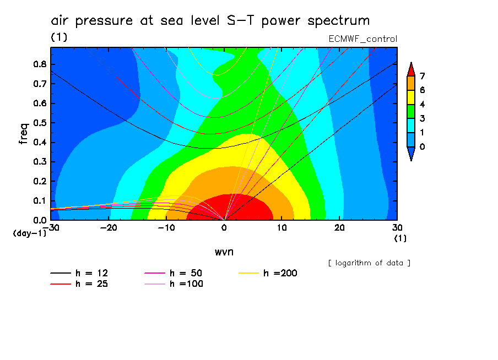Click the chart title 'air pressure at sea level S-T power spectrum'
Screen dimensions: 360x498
(210, 21)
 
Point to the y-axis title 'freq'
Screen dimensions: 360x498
(23, 134)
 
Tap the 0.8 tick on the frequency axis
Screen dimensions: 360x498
(39, 64)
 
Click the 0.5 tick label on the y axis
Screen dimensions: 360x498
(39, 123)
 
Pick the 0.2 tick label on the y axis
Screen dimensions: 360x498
(39, 181)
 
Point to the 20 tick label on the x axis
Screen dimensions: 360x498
(339, 227)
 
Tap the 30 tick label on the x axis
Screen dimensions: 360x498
(397, 227)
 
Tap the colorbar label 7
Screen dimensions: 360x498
(423, 76)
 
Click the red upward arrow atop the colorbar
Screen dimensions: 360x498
(410, 69)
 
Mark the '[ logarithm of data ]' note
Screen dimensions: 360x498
(369, 263)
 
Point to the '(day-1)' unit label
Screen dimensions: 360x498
(30, 233)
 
